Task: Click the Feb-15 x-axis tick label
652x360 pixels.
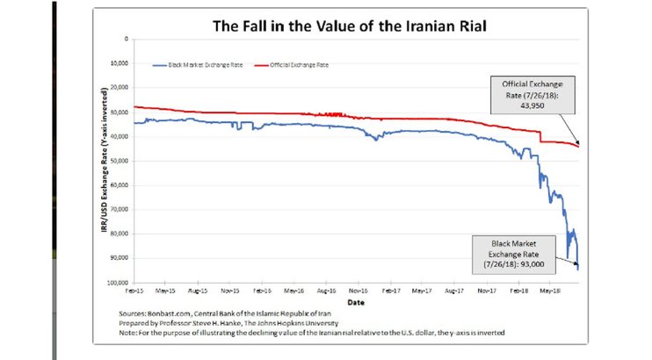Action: [x=134, y=289]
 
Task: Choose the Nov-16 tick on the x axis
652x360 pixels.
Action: [x=358, y=289]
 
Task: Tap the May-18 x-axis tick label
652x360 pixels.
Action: [x=550, y=289]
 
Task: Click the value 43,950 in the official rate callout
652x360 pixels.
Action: [x=530, y=99]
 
